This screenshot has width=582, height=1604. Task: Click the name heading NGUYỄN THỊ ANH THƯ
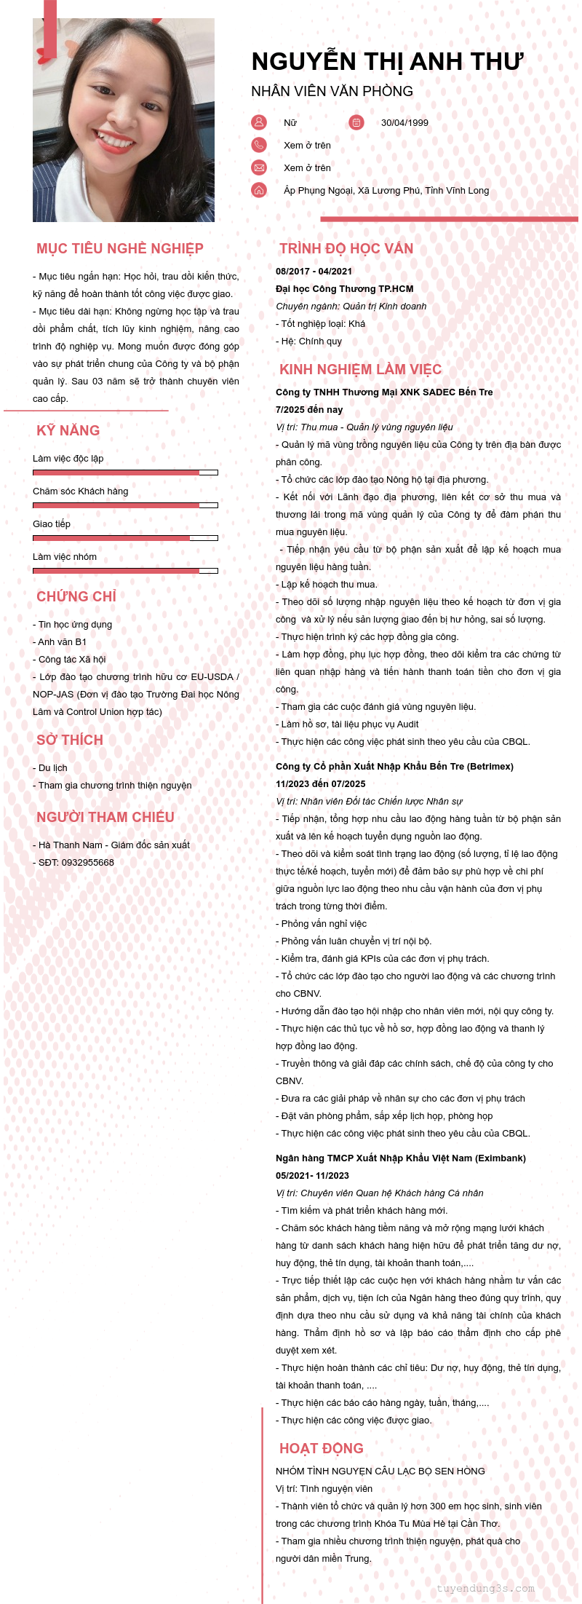[x=387, y=62]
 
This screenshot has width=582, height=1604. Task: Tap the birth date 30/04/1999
[x=404, y=123]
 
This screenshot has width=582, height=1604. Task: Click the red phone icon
[x=259, y=145]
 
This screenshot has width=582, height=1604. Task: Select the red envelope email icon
[x=259, y=167]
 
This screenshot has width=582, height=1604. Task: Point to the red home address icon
[x=259, y=190]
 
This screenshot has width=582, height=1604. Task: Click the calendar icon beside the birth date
[x=356, y=122]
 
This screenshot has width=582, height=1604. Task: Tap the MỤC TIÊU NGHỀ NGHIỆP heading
[x=120, y=249]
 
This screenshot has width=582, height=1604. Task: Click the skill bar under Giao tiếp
[x=125, y=538]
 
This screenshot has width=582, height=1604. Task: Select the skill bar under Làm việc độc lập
[x=125, y=473]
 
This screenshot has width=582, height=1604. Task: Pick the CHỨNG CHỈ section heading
[x=76, y=597]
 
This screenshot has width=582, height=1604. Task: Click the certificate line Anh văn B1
[x=62, y=642]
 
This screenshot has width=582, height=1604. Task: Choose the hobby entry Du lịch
[x=52, y=768]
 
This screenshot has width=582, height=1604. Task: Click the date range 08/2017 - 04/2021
[x=314, y=272]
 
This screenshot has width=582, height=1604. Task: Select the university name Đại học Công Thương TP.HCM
[x=344, y=289]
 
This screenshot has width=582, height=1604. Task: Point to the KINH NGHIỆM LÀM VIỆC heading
[x=360, y=370]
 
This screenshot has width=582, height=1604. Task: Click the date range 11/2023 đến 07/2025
[x=320, y=784]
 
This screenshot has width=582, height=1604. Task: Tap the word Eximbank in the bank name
[x=500, y=1158]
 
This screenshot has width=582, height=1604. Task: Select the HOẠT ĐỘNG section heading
[x=321, y=1449]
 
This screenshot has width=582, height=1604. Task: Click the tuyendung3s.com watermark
[x=485, y=1589]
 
